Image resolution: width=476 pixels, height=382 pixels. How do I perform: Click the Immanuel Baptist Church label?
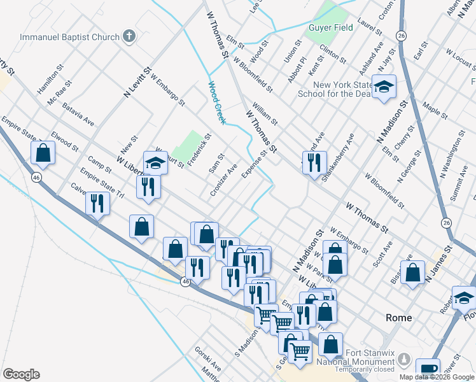pos(69,36)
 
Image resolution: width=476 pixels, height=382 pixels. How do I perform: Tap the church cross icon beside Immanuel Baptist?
pos(129,36)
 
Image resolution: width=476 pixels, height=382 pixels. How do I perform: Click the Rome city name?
pos(399,318)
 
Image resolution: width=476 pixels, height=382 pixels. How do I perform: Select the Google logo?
pos(21,374)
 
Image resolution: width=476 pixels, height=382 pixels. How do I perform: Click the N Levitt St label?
pos(139,83)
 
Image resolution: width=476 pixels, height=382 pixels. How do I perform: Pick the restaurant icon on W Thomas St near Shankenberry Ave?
pos(314,163)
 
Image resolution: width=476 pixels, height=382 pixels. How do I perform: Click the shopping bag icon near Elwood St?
pos(43,153)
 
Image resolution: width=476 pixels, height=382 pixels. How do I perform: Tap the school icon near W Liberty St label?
pos(155,163)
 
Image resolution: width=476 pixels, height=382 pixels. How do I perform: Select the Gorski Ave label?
pos(209,368)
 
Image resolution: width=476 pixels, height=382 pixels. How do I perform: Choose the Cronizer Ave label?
pos(223,180)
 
